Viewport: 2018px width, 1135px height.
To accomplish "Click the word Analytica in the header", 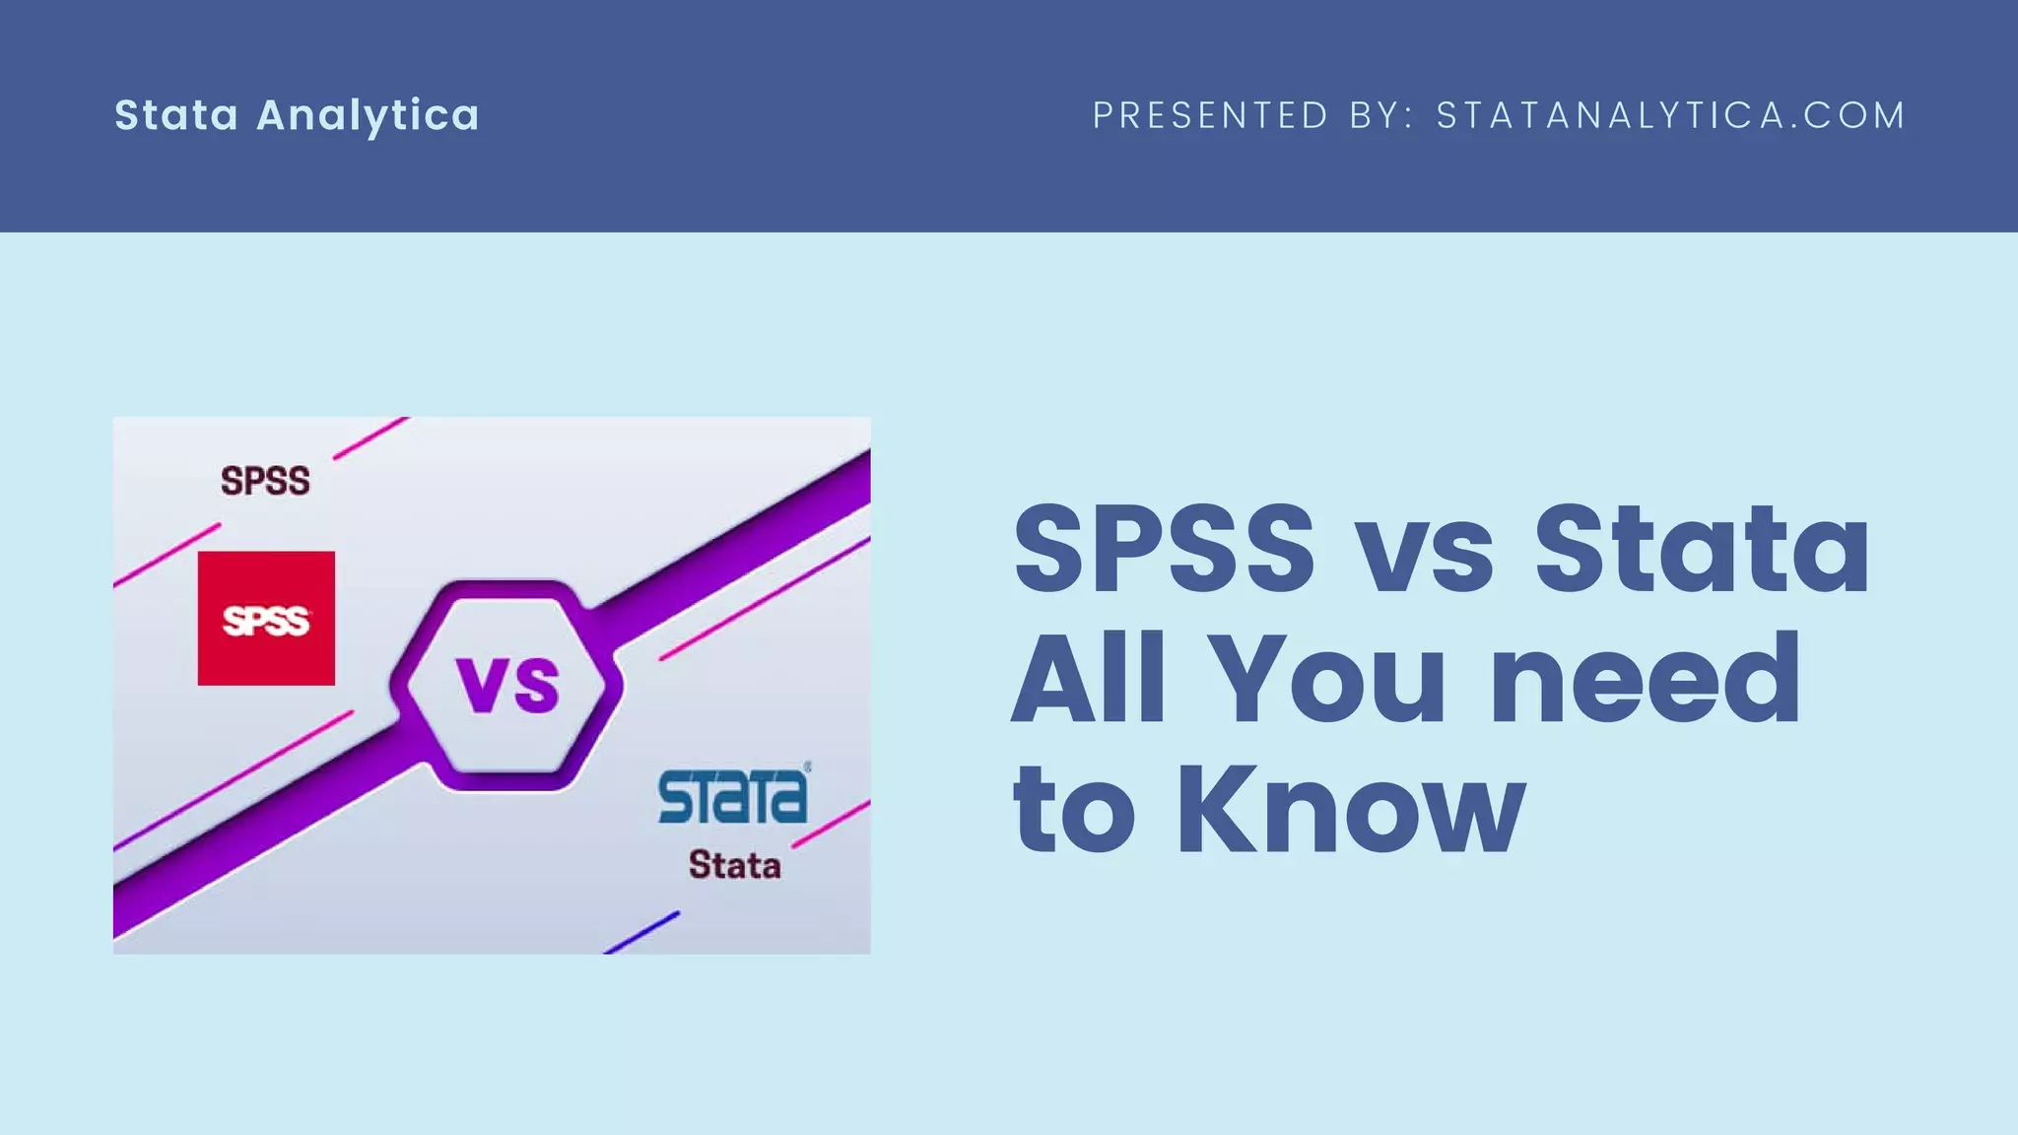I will coord(368,115).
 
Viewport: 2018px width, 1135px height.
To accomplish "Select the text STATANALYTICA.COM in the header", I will coord(1670,115).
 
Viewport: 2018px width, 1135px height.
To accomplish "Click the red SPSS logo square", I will coord(266,618).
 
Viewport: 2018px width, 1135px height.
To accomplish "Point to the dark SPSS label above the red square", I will coord(265,481).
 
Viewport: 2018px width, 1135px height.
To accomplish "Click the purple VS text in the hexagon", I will coord(507,685).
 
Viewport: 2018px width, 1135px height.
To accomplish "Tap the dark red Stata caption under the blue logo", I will coord(734,865).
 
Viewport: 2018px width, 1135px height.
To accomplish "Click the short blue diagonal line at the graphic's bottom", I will coord(641,932).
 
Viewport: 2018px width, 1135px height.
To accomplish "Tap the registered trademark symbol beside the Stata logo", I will coord(808,766).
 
